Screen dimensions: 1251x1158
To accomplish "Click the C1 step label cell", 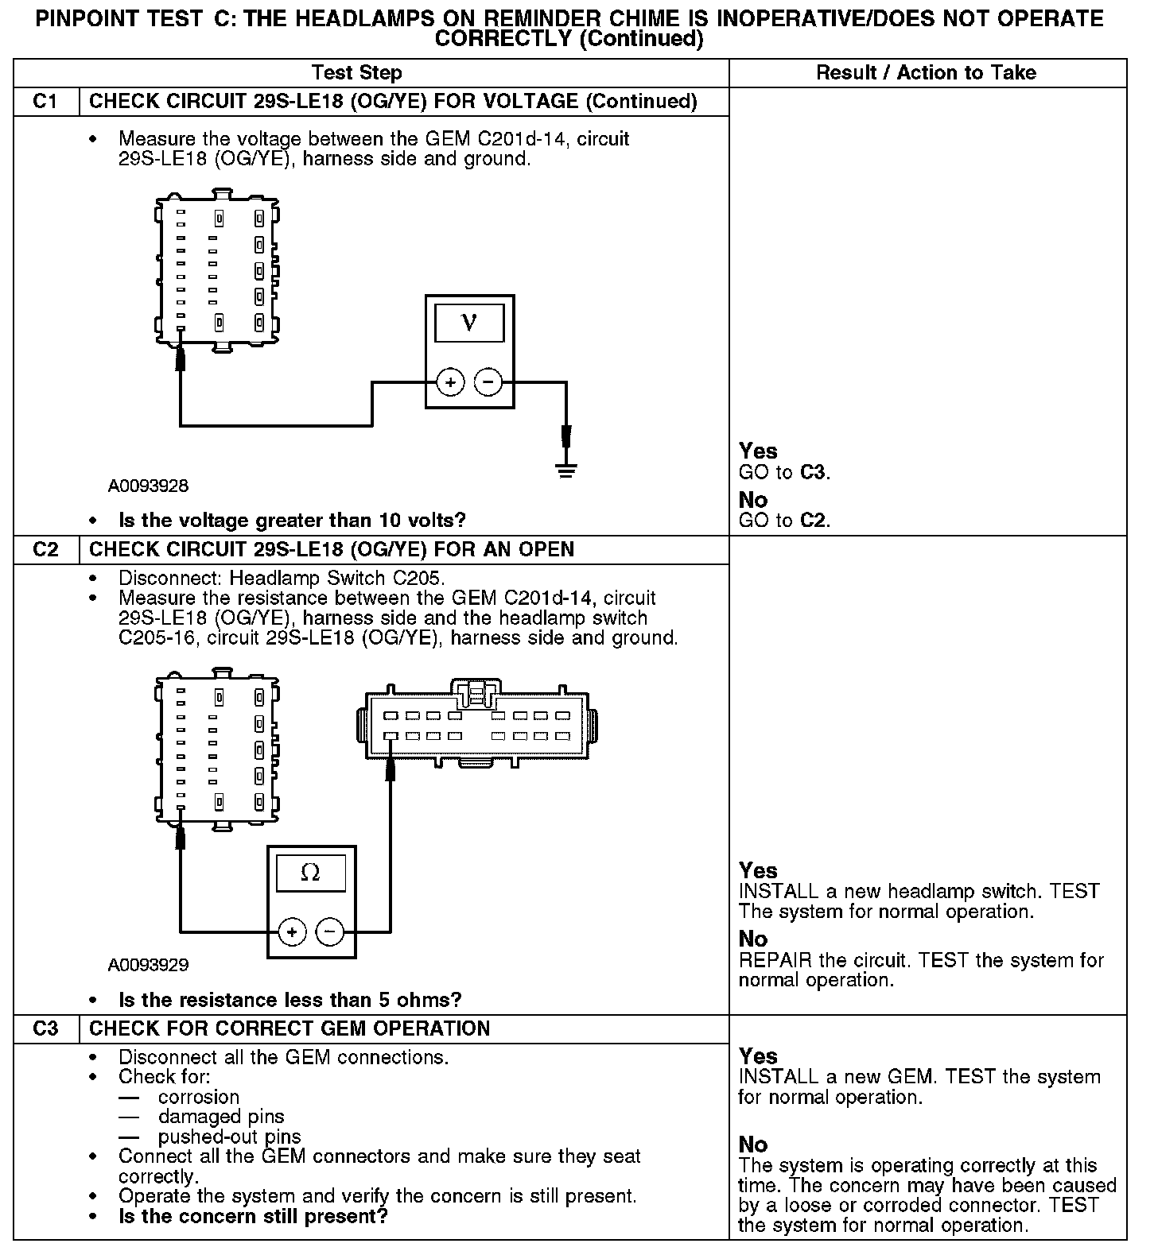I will coord(45,102).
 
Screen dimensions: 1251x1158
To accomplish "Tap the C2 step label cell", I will coord(45,550).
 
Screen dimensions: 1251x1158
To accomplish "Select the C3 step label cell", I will coord(45,1028).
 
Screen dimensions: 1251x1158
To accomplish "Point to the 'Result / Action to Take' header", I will coord(926,73).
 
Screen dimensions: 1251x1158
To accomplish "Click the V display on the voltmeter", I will coord(469,323).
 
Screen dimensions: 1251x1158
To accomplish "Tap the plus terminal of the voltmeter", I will coord(450,383).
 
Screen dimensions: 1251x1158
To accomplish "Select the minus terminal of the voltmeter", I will coord(488,383).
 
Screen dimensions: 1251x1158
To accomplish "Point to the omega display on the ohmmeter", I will coord(311,873).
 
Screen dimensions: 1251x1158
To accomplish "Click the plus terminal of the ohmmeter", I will coord(292,931).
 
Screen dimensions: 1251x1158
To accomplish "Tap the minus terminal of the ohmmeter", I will coord(330,931).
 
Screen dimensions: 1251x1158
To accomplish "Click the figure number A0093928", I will coord(149,485).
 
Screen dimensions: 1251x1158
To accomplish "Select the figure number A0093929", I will coord(149,965).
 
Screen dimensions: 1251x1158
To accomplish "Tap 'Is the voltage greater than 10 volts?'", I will coord(292,521).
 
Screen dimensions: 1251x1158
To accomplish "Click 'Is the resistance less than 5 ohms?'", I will coord(289,1000).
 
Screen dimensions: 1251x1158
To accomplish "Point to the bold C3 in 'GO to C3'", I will coord(812,473).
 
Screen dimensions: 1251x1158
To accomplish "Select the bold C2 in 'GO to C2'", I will coord(812,521).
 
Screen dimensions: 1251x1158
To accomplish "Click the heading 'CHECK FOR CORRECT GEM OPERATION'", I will coord(289,1028).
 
